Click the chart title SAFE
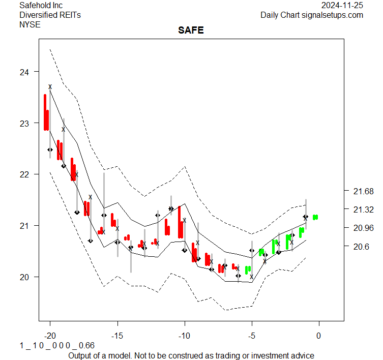coord(191,31)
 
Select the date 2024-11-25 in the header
coord(342,6)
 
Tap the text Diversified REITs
coord(50,15)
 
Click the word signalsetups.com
coord(333,15)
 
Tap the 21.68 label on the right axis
coord(363,191)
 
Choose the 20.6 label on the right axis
coord(361,247)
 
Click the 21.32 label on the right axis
coord(363,209)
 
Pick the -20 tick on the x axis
coord(49,336)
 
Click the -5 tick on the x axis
coord(251,336)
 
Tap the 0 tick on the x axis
coord(319,336)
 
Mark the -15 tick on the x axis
coord(117,336)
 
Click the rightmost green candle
coord(315,217)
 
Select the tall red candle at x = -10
coord(180,222)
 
